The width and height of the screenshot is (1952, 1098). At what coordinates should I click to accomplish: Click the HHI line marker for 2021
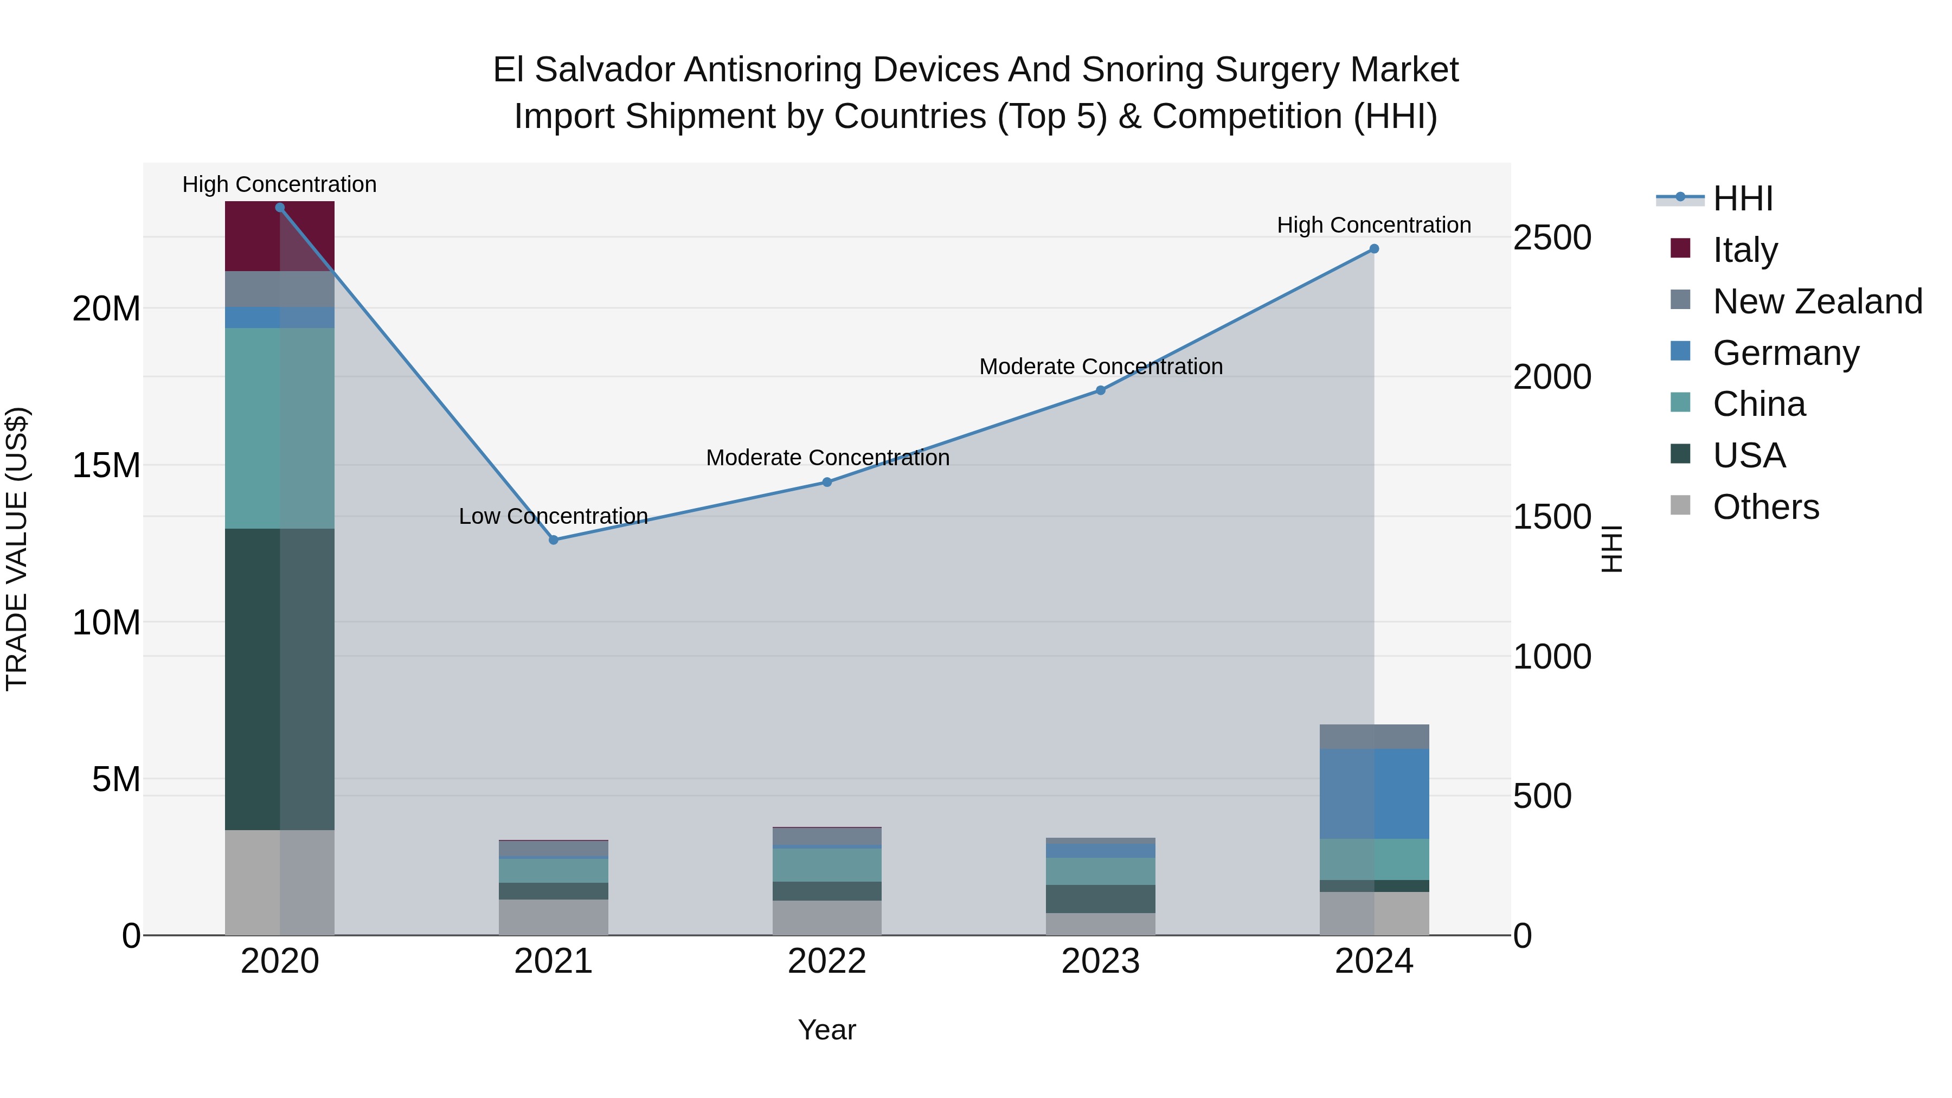[x=553, y=540]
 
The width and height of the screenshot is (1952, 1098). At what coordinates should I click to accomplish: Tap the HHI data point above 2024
[x=1374, y=248]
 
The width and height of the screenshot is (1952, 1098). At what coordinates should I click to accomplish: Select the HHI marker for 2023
[x=1100, y=390]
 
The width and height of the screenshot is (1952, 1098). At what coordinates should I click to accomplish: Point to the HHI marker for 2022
[x=827, y=482]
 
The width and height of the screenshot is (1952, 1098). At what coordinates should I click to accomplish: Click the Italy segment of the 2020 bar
[x=280, y=236]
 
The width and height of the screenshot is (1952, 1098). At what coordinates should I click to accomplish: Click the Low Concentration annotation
[x=553, y=516]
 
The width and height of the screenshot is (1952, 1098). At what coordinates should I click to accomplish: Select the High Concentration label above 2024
[x=1374, y=225]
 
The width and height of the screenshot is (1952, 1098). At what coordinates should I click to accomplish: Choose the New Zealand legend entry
[x=1817, y=301]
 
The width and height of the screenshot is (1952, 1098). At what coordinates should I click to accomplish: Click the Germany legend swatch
[x=1680, y=351]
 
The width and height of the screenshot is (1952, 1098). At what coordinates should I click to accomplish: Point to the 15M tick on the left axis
[x=106, y=465]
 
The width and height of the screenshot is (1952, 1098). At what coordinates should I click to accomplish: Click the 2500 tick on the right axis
[x=1552, y=238]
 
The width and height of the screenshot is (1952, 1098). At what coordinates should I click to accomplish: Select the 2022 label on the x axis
[x=827, y=961]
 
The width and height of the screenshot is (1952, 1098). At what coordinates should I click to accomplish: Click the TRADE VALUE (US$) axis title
[x=17, y=549]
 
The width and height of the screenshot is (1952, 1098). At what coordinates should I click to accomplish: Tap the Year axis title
[x=827, y=1030]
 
